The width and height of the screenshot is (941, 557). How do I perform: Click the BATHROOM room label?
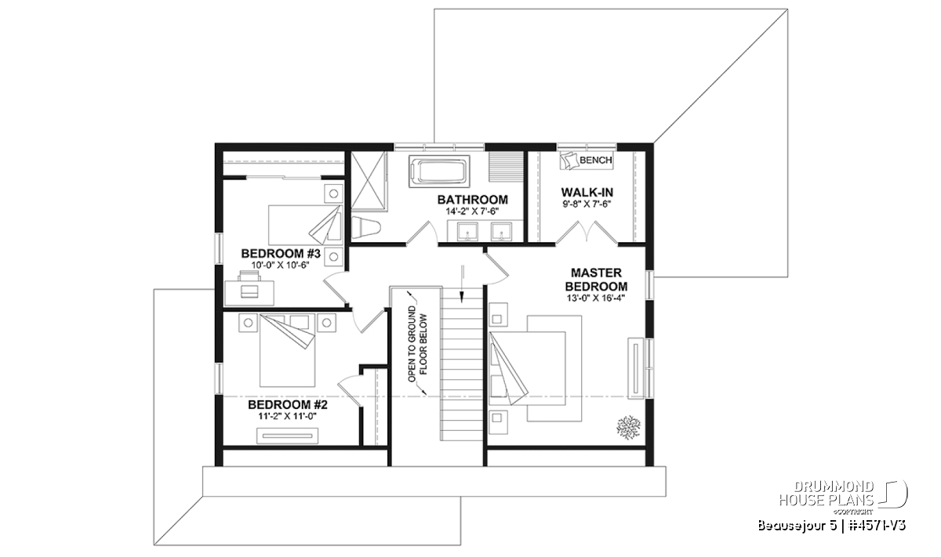coord(473,200)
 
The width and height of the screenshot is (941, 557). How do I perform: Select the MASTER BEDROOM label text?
coord(596,280)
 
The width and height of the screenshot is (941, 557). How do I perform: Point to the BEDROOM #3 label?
coord(281,254)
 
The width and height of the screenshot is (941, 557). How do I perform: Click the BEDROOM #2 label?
coord(287,405)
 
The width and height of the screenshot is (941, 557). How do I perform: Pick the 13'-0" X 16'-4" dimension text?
coord(596,298)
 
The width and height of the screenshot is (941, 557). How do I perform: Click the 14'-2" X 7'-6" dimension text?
coord(473,212)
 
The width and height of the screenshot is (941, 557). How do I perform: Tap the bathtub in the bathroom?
coord(439,172)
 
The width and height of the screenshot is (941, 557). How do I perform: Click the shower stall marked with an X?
coord(369,180)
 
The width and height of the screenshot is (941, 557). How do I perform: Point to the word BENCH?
coord(596,160)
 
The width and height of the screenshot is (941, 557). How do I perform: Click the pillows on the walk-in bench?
coord(569,161)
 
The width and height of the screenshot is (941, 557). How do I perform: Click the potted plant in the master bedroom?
coord(628,428)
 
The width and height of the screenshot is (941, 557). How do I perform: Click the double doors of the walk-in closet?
coord(587,233)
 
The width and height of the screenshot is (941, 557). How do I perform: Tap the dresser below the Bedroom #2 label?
coord(287,436)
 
